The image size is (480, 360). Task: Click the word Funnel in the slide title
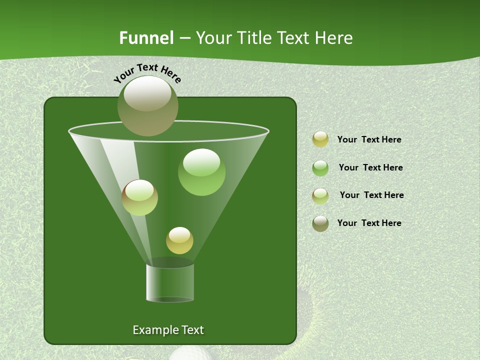click(146, 38)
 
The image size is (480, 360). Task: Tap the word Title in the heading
click(254, 38)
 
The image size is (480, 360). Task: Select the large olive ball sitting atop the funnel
click(148, 105)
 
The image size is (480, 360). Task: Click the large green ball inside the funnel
click(201, 172)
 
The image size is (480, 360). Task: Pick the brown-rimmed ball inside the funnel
click(140, 197)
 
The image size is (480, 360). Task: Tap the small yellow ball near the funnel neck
click(179, 240)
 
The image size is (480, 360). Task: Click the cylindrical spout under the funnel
click(170, 282)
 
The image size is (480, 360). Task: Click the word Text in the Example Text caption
click(192, 330)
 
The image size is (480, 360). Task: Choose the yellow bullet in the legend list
click(320, 139)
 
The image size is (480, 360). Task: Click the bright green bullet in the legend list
click(320, 168)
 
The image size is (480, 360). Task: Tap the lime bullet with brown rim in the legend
click(320, 196)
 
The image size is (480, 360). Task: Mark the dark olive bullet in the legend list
click(320, 223)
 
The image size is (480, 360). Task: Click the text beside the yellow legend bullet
click(369, 140)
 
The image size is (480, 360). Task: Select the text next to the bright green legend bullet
click(370, 168)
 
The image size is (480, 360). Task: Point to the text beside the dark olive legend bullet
click(369, 223)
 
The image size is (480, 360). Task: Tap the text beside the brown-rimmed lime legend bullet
click(371, 195)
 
